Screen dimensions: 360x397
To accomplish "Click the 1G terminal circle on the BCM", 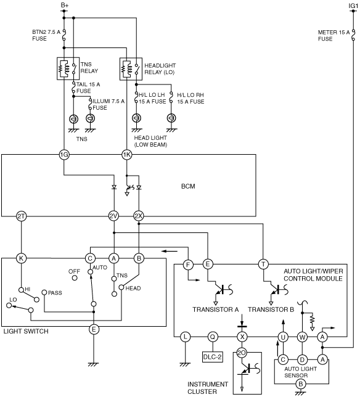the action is point(63,155).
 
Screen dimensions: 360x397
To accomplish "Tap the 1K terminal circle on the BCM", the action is point(126,155).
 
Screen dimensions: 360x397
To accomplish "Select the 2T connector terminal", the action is point(21,216).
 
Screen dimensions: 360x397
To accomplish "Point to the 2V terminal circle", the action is point(113,216).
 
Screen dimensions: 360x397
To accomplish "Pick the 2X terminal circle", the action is point(139,216).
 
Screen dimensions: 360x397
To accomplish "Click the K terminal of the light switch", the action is point(21,258).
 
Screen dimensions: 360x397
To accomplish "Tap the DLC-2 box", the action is point(213,357).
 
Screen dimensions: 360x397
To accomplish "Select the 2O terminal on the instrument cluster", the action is point(242,353).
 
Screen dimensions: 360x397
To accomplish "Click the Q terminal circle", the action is point(213,337).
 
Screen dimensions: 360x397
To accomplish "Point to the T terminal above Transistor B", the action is point(263,264).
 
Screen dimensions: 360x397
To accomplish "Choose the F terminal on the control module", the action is point(188,265).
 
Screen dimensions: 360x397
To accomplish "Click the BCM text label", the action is point(188,186).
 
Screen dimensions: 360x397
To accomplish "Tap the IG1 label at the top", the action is point(353,6).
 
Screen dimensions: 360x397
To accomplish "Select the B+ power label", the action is point(65,6).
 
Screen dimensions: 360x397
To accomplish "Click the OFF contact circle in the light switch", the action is point(75,278).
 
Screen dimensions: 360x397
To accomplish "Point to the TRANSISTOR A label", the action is point(215,309).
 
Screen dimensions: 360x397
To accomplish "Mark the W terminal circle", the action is point(302,337).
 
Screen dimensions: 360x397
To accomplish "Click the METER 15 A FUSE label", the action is point(333,36).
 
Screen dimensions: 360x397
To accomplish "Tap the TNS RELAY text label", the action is point(89,68).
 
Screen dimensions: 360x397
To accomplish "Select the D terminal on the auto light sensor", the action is point(302,359).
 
